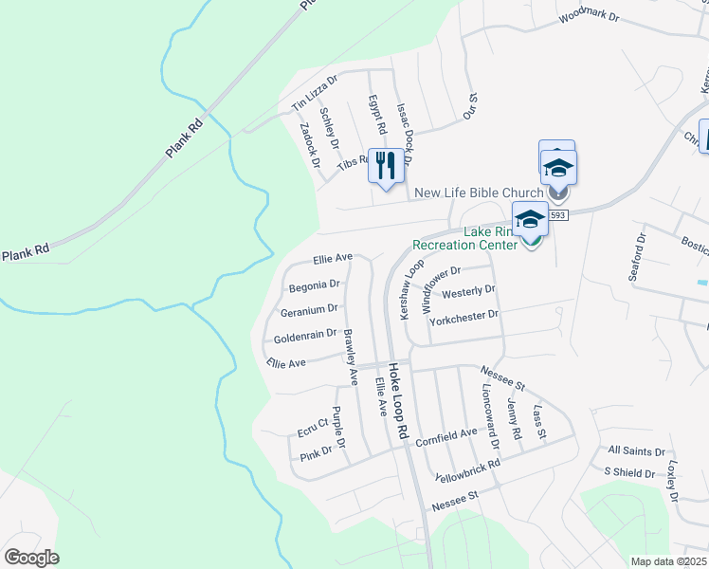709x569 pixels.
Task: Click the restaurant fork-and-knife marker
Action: click(385, 166)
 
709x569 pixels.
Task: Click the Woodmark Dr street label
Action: click(588, 16)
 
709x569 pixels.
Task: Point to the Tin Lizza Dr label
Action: click(315, 92)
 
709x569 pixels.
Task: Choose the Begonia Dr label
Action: click(313, 284)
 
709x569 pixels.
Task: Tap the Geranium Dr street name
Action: click(310, 310)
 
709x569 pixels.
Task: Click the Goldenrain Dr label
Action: click(305, 336)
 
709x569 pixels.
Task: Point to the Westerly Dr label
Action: click(468, 291)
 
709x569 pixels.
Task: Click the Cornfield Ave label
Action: click(445, 435)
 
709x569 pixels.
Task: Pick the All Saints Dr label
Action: click(637, 452)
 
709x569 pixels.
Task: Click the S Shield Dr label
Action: click(629, 472)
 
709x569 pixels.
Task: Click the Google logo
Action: click(31, 558)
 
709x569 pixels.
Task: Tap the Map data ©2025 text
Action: click(668, 561)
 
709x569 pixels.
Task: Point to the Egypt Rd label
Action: click(377, 115)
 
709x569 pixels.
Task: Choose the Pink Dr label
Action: click(316, 454)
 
